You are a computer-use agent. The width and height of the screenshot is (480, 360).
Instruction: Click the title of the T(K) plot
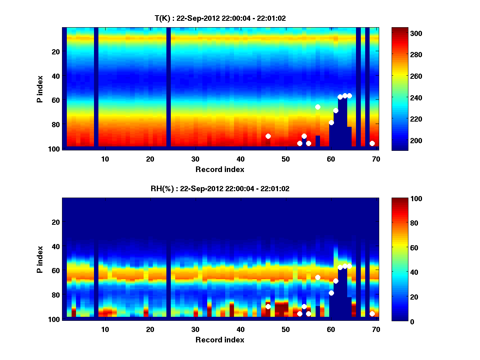tap(220, 18)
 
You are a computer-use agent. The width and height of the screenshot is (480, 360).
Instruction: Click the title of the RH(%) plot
tap(220, 188)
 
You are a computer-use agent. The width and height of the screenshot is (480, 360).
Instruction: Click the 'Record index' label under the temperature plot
tap(220, 169)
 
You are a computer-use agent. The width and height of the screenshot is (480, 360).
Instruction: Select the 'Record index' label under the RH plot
tap(220, 340)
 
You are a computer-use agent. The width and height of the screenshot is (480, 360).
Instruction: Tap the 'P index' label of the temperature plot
tap(40, 88)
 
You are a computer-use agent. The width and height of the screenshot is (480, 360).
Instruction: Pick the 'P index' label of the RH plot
tap(40, 259)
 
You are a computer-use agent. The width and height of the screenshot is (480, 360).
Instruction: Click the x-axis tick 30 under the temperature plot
tap(195, 159)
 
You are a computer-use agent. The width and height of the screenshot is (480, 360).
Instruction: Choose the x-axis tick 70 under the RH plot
tap(376, 329)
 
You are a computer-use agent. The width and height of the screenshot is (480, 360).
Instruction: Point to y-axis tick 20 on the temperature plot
tap(55, 52)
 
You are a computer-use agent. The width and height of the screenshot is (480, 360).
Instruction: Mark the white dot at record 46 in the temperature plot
tap(268, 136)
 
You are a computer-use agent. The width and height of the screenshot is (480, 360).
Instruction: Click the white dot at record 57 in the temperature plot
tap(318, 107)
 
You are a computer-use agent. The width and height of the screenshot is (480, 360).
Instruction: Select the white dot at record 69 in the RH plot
tap(372, 314)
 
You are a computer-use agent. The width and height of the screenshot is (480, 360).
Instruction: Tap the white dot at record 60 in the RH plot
tap(331, 293)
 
